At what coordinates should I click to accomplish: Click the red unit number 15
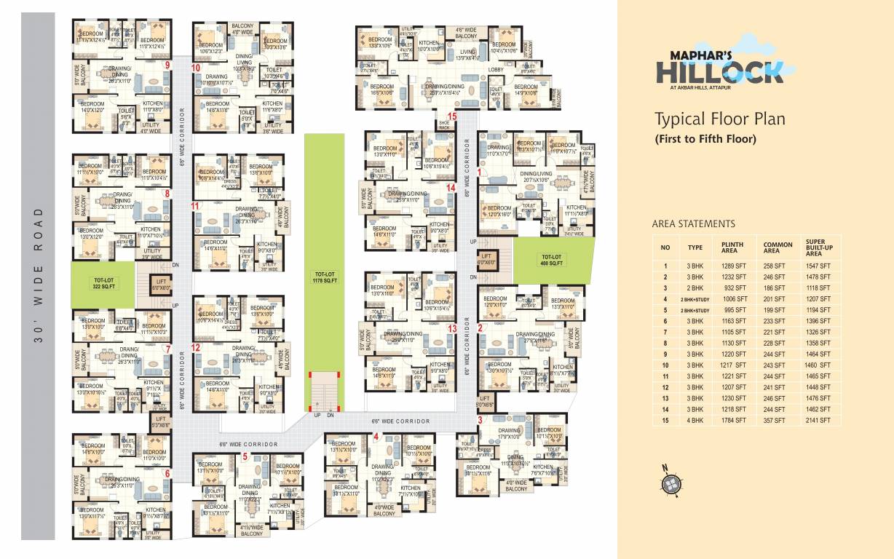point(452,116)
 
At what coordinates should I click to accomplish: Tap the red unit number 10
point(196,68)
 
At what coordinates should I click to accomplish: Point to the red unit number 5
point(245,457)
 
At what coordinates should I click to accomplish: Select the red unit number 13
point(451,328)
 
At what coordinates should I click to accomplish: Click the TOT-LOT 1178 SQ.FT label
point(322,277)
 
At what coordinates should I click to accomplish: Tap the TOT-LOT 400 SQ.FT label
point(551,259)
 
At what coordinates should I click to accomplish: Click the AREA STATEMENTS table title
point(693,224)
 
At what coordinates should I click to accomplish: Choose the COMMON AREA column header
point(778,249)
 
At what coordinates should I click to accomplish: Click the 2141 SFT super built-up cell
point(818,420)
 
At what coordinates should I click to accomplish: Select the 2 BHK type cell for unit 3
point(695,288)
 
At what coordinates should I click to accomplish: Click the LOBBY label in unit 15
point(495,70)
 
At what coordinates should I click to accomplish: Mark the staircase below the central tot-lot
point(322,395)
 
